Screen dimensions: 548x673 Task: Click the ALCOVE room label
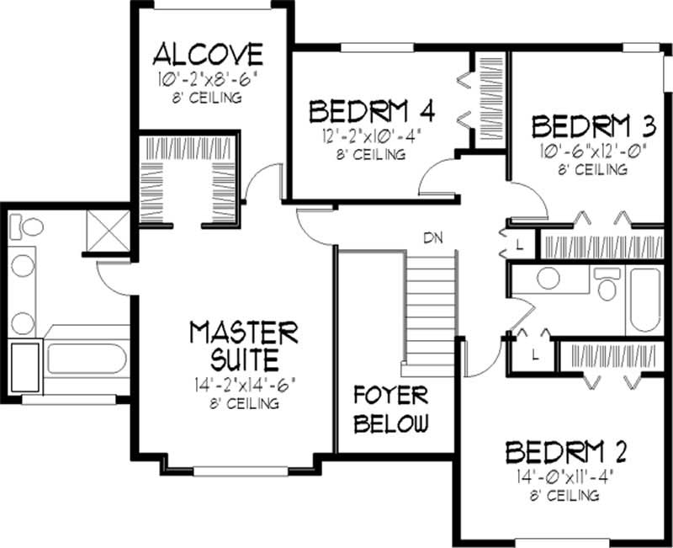pos(208,56)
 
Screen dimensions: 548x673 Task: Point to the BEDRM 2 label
pos(566,452)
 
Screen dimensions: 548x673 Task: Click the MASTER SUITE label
pos(243,345)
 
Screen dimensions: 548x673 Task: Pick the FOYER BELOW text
pos(390,409)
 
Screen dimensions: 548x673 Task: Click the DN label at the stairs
pos(432,237)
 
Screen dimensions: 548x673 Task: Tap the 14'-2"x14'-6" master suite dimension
pos(243,386)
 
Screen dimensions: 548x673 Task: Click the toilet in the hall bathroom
pos(606,285)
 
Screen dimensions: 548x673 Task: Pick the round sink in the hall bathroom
pos(551,279)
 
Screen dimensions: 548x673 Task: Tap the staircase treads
pos(431,311)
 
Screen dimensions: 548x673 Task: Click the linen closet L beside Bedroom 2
pos(535,355)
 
